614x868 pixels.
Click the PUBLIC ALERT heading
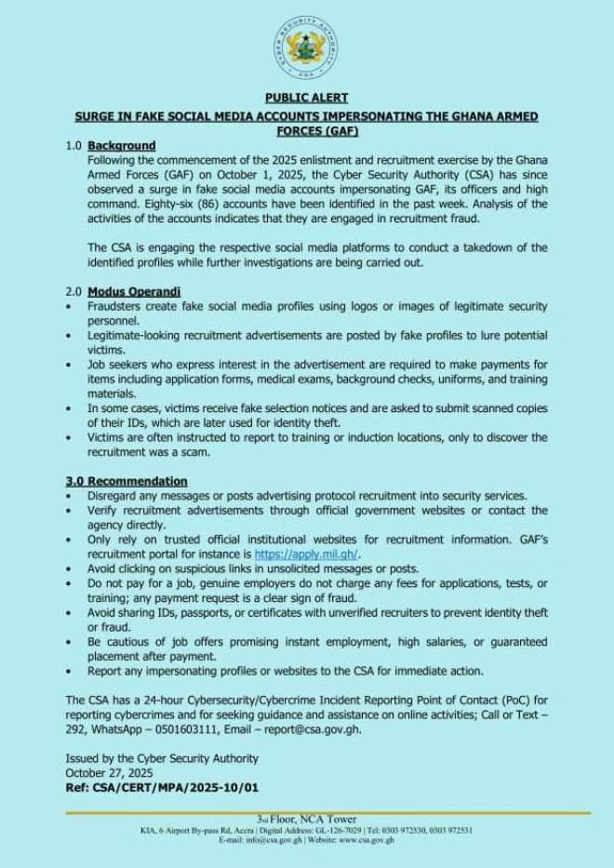(306, 97)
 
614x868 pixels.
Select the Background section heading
(122, 146)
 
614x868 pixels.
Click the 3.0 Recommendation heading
(127, 481)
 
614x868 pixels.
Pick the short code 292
(77, 729)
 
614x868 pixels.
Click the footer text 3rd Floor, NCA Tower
(306, 819)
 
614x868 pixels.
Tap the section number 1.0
(73, 146)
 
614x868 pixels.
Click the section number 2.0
(73, 291)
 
